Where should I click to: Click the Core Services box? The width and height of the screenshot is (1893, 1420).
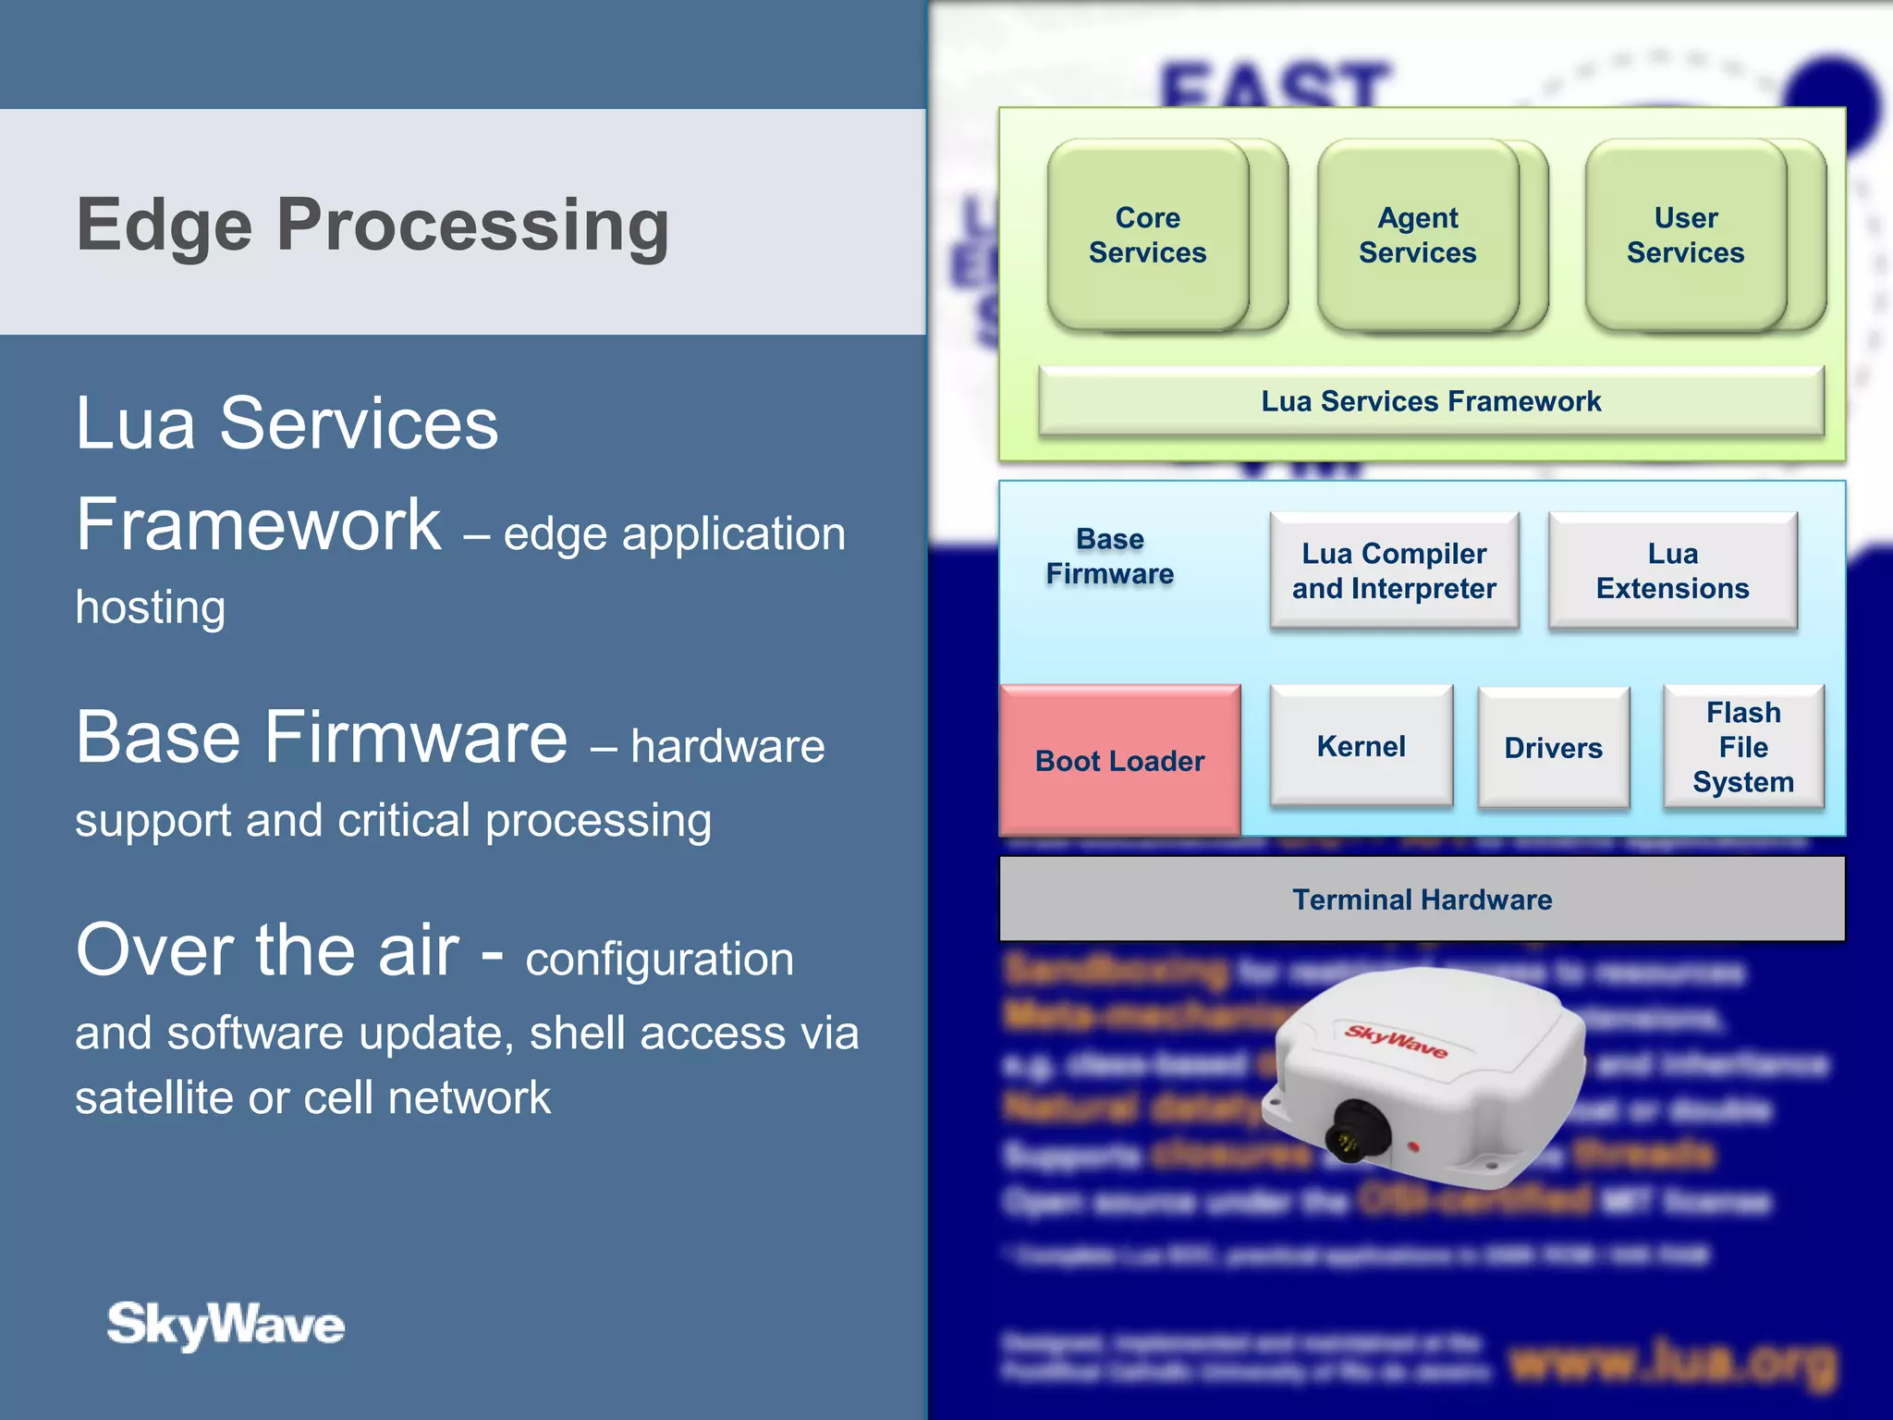click(x=1148, y=236)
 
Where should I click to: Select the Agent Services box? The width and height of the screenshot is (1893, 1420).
click(x=1418, y=236)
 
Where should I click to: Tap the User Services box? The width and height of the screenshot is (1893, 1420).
click(x=1686, y=236)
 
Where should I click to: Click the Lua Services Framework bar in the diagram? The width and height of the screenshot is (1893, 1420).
click(x=1431, y=401)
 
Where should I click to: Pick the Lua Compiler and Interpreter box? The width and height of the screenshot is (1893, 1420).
click(x=1394, y=571)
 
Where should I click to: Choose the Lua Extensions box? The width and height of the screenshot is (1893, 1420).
click(x=1673, y=571)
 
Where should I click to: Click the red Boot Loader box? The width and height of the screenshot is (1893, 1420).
click(x=1120, y=760)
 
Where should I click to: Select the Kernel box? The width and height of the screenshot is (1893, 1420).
click(x=1362, y=746)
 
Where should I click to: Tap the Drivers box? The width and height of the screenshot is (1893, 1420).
click(x=1554, y=748)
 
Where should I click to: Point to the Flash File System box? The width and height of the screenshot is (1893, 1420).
click(x=1743, y=747)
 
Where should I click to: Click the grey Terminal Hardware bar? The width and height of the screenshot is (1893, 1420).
click(x=1422, y=900)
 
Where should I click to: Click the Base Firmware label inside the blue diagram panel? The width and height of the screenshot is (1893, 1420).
click(x=1110, y=557)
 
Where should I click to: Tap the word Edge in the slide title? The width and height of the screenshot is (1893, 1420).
click(x=164, y=226)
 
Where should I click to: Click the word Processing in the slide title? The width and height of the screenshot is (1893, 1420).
click(x=473, y=226)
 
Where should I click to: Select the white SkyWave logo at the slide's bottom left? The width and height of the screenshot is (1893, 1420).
click(x=226, y=1325)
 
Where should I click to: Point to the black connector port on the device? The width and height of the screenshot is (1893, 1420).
click(x=1355, y=1130)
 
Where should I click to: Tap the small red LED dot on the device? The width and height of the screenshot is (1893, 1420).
click(x=1413, y=1146)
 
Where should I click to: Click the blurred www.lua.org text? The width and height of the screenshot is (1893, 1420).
click(x=1673, y=1363)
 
